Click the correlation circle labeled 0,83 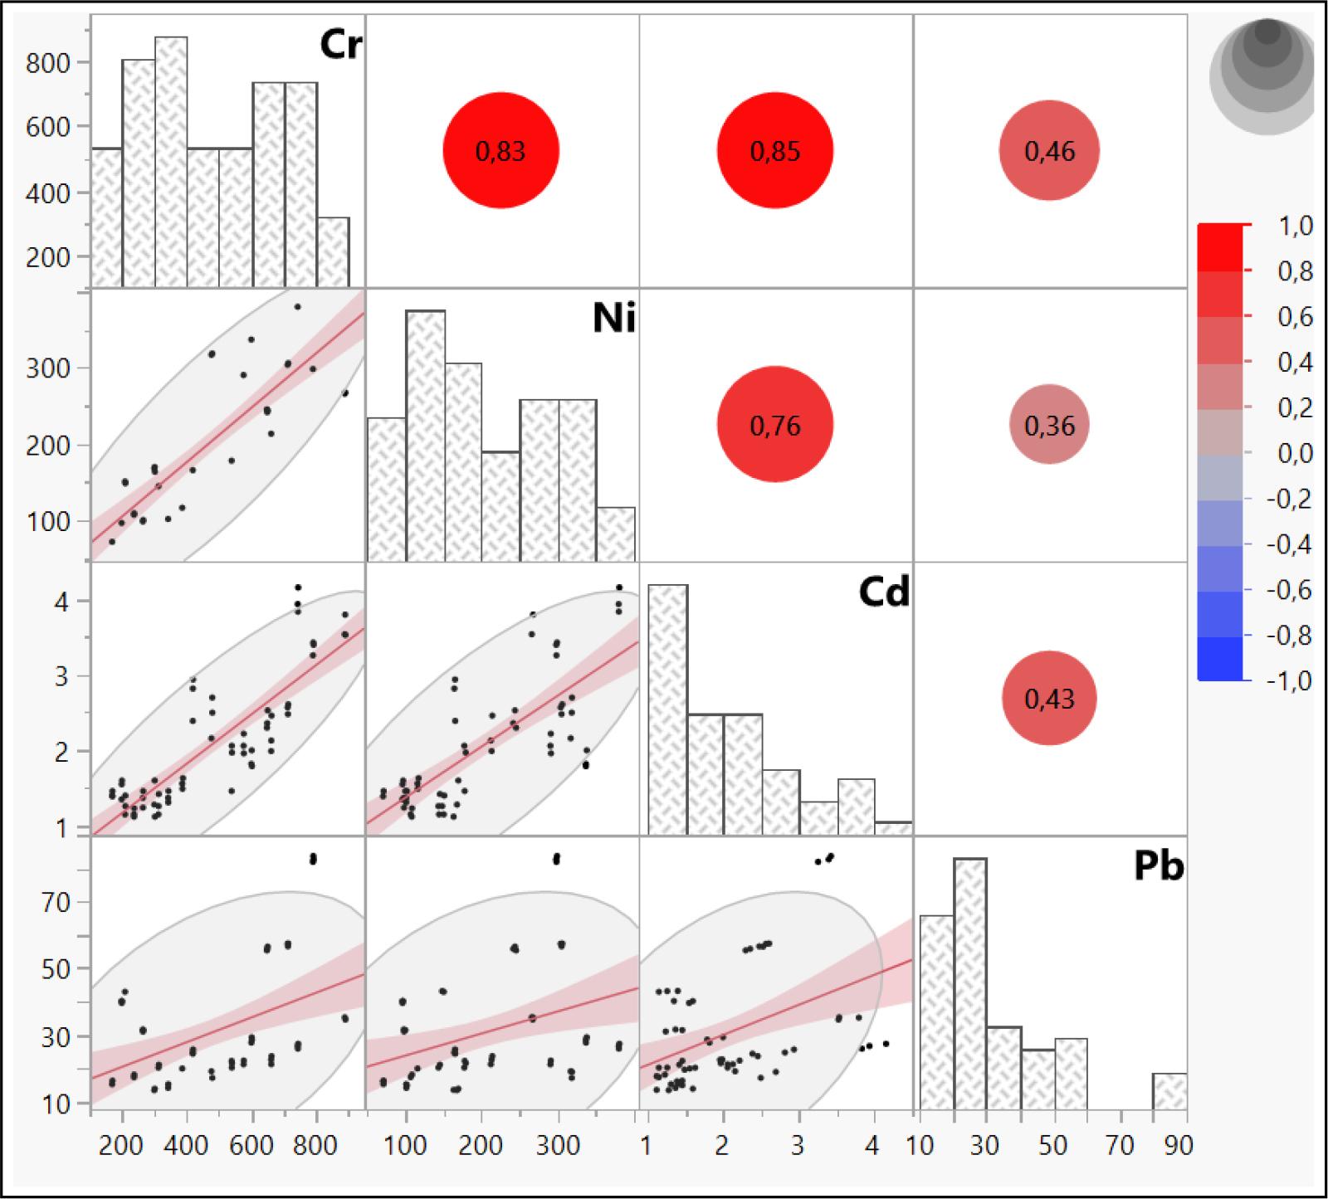(500, 151)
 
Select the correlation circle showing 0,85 (774, 151)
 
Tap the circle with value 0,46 (1049, 151)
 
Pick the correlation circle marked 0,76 (774, 425)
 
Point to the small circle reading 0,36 (1049, 425)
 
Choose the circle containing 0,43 (1049, 699)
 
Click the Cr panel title (340, 45)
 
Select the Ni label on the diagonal (614, 318)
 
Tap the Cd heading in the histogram (885, 592)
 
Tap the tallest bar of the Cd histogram (667, 709)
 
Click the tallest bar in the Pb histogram (970, 983)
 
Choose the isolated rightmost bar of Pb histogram (1169, 1091)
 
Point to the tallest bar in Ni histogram (425, 436)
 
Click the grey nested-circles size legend (1262, 75)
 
